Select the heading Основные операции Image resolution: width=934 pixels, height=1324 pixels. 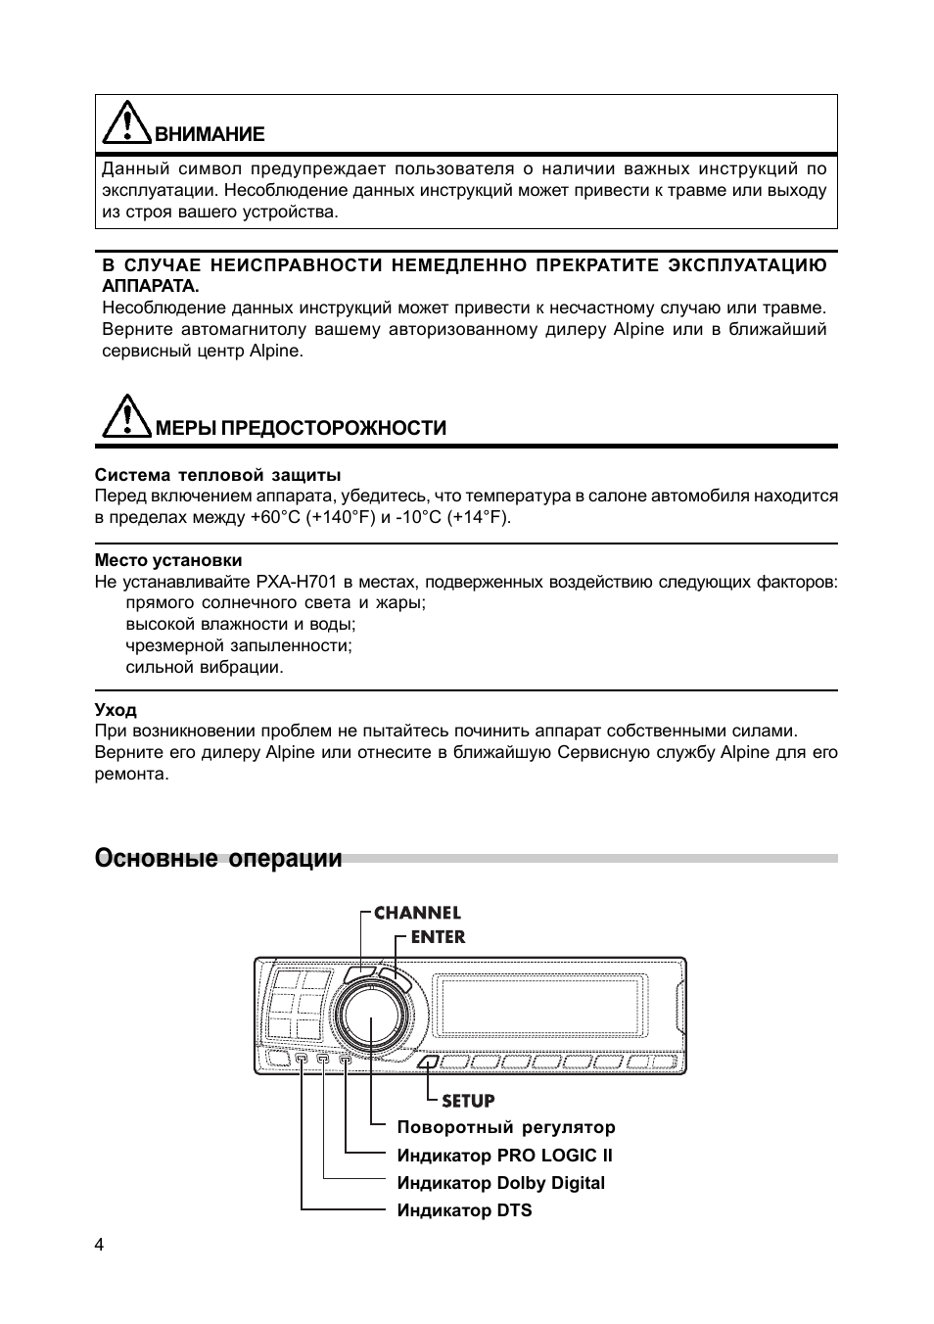click(218, 859)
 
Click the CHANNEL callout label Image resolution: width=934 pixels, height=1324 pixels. click(417, 913)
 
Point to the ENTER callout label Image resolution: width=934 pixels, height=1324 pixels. click(438, 937)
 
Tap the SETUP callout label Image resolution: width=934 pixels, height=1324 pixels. click(468, 1101)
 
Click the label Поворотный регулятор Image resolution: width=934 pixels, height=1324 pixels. click(506, 1127)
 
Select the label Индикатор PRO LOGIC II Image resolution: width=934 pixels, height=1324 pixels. click(504, 1156)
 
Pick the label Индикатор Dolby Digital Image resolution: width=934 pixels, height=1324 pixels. click(500, 1183)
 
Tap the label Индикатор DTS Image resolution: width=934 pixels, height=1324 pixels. click(464, 1210)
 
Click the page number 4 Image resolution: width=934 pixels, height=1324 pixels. click(99, 1245)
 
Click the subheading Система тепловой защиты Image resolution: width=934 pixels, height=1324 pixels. click(217, 475)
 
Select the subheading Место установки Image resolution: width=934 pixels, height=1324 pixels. click(167, 560)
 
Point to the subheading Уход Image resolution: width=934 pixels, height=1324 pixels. click(116, 710)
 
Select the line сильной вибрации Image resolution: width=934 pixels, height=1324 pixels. click(204, 668)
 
